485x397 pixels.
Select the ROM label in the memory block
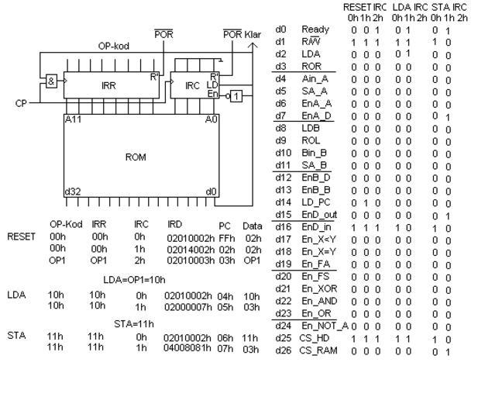[136, 157]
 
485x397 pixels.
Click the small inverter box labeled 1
[237, 95]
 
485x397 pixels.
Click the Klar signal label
[253, 35]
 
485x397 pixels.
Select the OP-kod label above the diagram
[114, 46]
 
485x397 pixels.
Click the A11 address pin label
[73, 119]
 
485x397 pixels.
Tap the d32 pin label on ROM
[72, 191]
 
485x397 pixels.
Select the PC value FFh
[226, 236]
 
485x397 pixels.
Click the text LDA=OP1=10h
[129, 278]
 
